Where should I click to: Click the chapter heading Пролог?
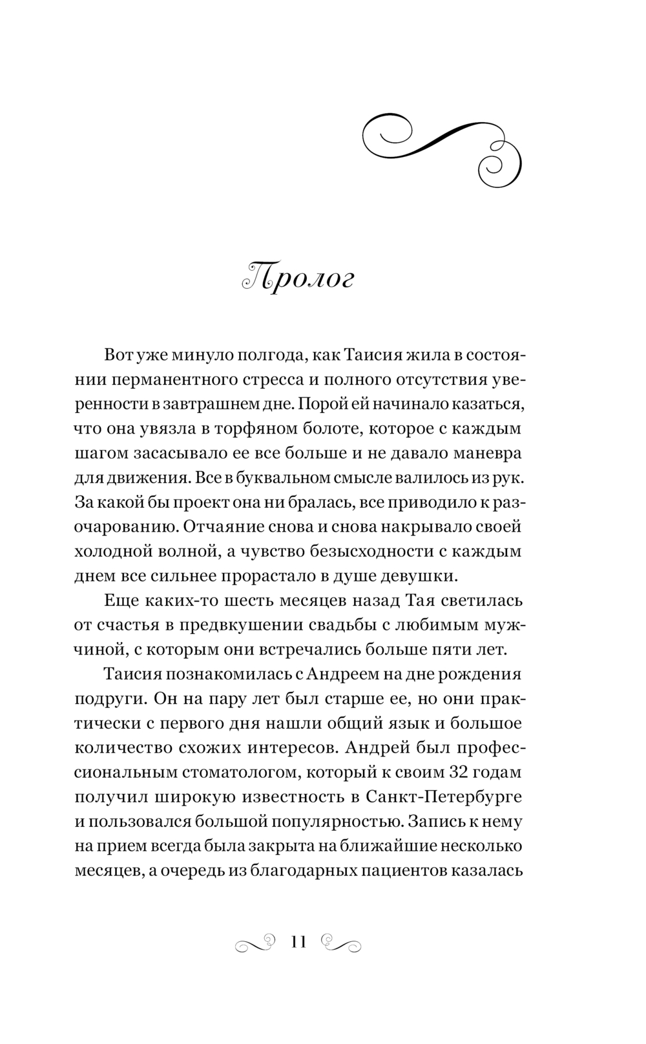click(298, 278)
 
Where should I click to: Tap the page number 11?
click(298, 941)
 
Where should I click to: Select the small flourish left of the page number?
click(256, 943)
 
